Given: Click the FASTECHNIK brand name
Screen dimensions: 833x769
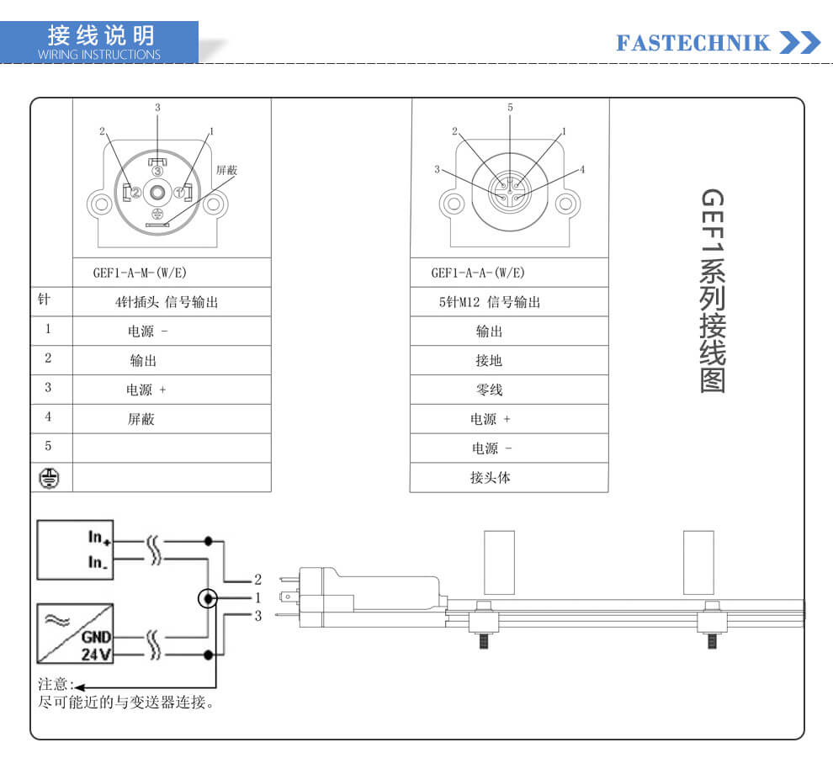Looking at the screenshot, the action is click(x=692, y=43).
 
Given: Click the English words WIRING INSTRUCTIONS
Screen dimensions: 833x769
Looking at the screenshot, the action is click(x=98, y=55).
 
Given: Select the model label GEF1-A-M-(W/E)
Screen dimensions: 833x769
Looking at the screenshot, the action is click(x=140, y=273).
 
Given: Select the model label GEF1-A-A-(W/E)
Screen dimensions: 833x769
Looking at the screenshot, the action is click(x=478, y=273).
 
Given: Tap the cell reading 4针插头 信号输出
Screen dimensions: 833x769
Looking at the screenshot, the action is click(x=167, y=302).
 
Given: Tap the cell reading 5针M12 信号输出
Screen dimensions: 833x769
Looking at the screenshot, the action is click(x=489, y=302).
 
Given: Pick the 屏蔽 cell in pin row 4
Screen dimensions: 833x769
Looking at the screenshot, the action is click(x=141, y=419).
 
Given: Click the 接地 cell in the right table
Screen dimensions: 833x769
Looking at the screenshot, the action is click(x=489, y=361).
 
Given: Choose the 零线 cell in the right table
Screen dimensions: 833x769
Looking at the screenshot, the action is click(x=489, y=390).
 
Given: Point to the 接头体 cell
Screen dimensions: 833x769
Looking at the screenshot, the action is click(x=490, y=477).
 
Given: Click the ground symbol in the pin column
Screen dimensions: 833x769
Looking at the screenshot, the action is click(x=49, y=478).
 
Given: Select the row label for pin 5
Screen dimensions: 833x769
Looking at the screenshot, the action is click(x=48, y=446).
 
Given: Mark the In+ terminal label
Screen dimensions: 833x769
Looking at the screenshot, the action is click(x=99, y=538).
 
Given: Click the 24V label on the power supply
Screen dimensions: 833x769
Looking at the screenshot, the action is click(x=96, y=655).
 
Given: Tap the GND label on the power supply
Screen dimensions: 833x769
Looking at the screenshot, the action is click(x=96, y=637).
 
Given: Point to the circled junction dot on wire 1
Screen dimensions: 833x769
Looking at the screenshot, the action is click(x=208, y=598).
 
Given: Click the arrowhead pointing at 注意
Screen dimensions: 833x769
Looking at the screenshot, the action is click(x=79, y=687).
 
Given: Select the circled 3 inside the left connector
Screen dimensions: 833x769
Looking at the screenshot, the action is click(x=157, y=171).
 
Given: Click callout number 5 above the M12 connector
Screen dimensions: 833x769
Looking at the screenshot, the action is click(x=510, y=108).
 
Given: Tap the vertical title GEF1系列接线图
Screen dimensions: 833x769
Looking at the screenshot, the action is click(x=713, y=291).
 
